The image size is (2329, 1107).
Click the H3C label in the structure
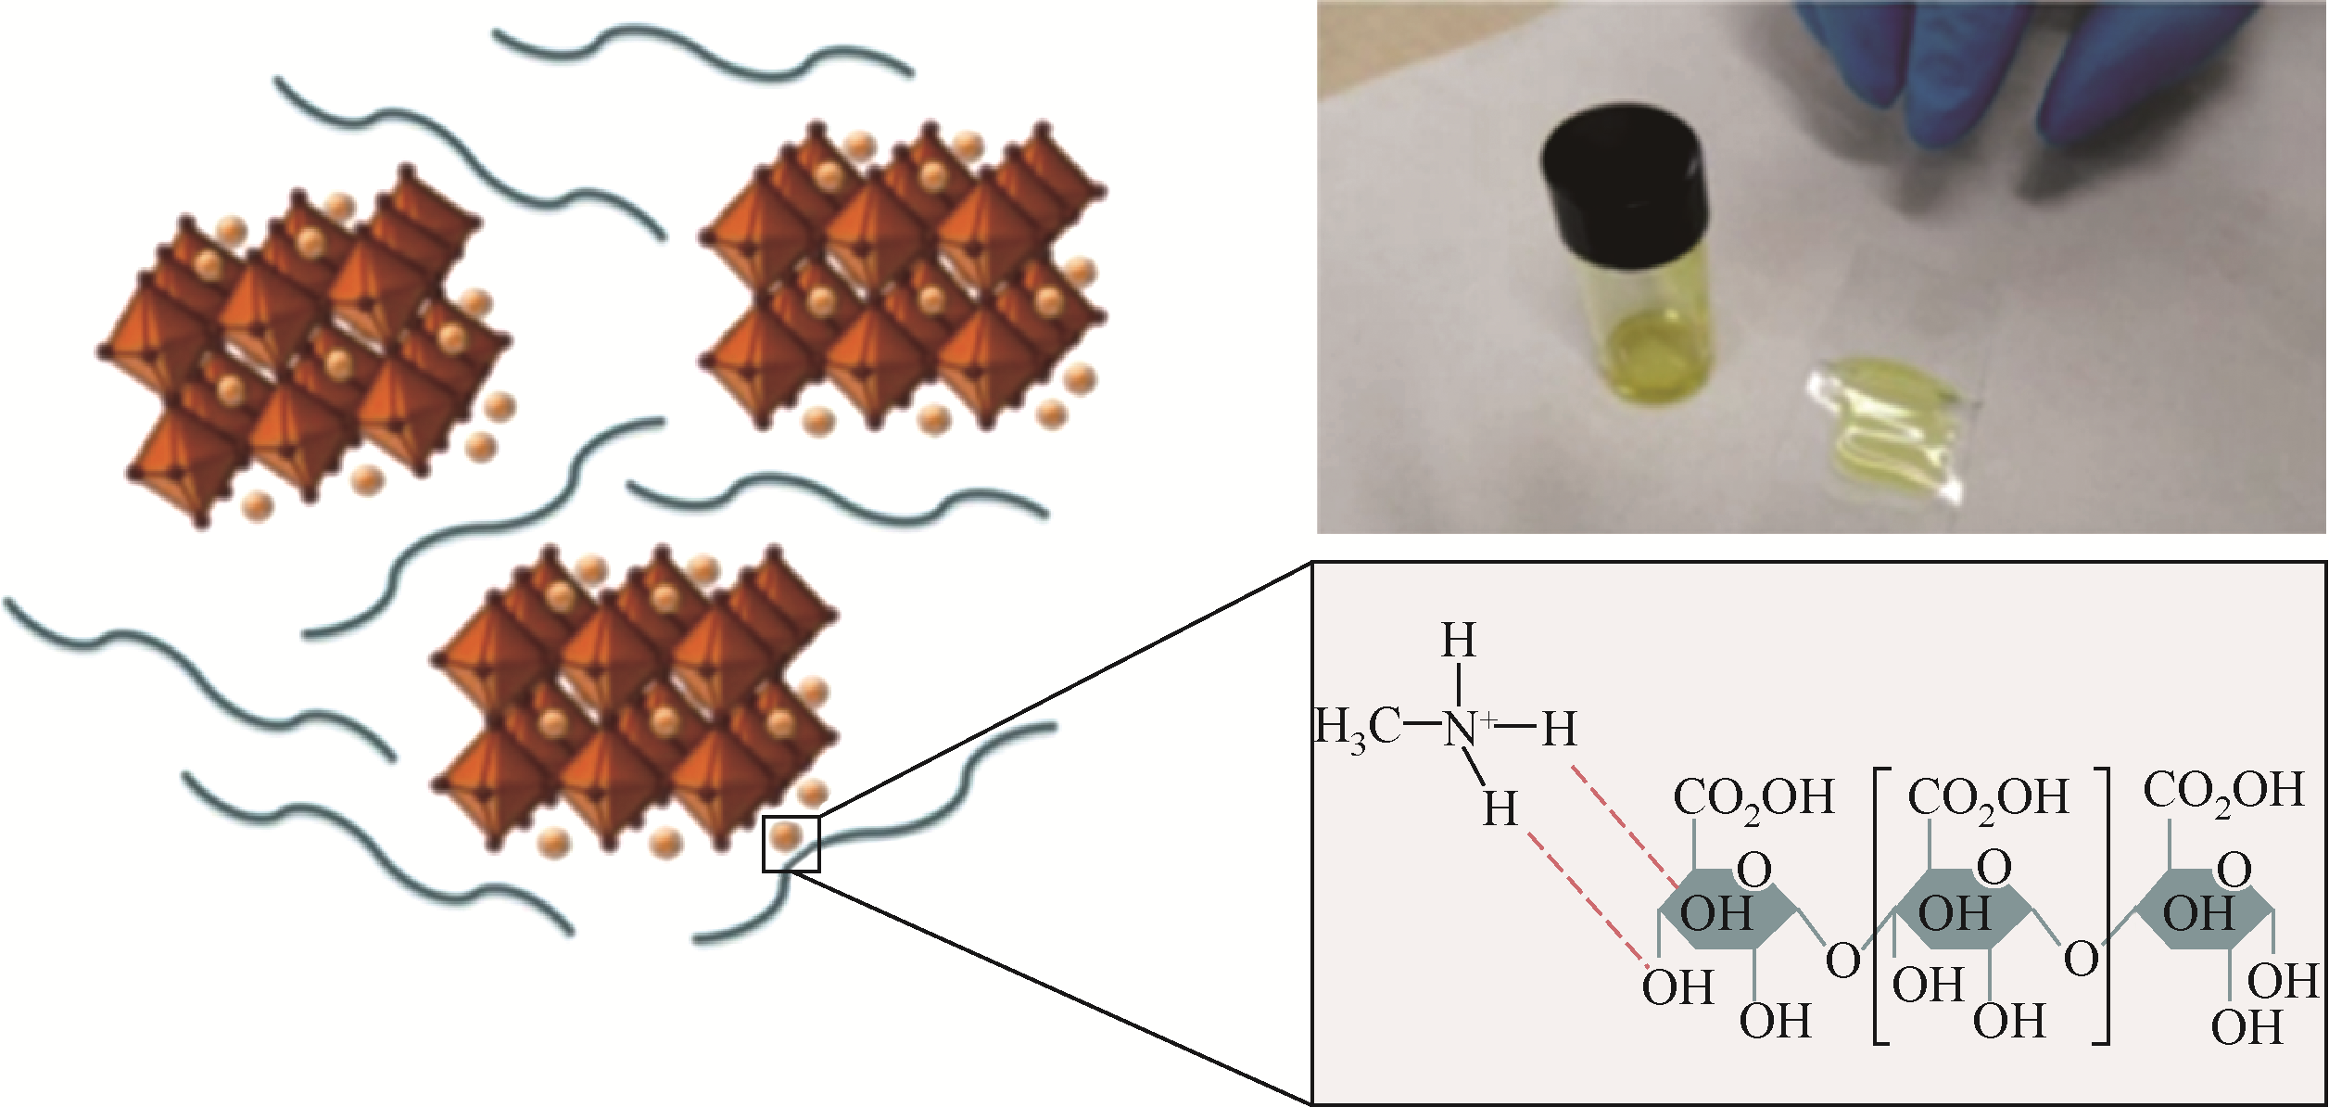[1359, 728]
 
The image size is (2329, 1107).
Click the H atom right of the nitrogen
[1560, 730]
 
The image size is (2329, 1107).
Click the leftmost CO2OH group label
[1753, 797]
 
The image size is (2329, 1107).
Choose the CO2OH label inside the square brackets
[1988, 797]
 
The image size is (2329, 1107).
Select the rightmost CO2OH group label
[2223, 790]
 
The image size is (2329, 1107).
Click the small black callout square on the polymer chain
[791, 844]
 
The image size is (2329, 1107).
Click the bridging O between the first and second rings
[1842, 961]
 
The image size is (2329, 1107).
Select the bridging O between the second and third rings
[2081, 959]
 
